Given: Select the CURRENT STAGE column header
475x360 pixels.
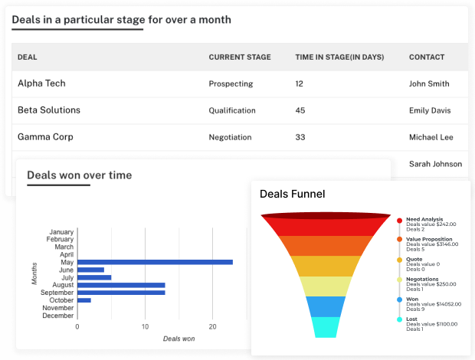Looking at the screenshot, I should point(240,57).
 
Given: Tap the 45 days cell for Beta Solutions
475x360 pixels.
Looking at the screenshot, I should point(300,110).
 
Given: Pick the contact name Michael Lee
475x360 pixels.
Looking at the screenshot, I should point(431,137).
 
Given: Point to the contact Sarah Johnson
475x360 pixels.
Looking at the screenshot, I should point(435,163).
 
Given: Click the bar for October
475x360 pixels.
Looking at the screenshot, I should point(84,300).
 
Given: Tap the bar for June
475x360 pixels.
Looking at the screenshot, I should point(90,270).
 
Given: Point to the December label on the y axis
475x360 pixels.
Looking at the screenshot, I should point(57,316).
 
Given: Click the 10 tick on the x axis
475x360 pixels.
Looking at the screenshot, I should point(145,326).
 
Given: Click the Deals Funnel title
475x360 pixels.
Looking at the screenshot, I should point(292,195).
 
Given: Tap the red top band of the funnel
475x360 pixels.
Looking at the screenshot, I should point(326,225).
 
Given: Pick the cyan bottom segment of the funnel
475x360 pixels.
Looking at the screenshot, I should point(326,327).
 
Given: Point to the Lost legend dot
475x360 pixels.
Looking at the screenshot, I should point(400,319).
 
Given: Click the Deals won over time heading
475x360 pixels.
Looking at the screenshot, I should point(79,175).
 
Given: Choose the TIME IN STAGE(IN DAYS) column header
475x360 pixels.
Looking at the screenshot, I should point(339,57).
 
